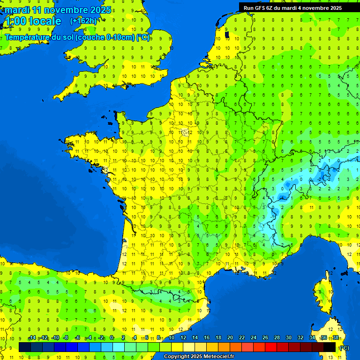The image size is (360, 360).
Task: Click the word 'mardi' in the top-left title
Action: click(x=17, y=10)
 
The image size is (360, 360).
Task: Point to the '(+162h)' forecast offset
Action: click(x=83, y=21)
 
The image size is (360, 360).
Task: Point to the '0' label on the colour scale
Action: click(x=112, y=338)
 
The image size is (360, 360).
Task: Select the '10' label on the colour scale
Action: click(x=171, y=338)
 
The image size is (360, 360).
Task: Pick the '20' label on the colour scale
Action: click(x=230, y=338)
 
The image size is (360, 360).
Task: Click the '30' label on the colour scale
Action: click(x=288, y=338)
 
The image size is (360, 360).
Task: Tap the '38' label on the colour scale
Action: click(x=336, y=338)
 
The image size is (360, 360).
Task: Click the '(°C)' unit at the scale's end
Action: click(x=344, y=347)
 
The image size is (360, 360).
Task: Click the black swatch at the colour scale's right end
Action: click(x=330, y=347)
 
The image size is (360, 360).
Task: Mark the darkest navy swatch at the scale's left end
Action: click(x=25, y=347)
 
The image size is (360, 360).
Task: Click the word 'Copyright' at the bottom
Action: click(x=176, y=357)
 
